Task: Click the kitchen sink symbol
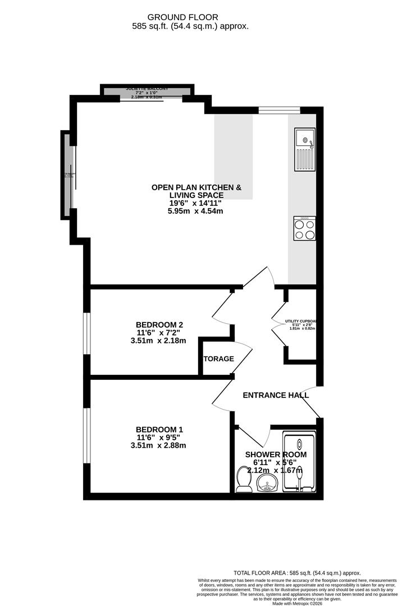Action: tap(305, 149)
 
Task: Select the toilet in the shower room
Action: tap(244, 479)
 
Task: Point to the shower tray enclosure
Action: tap(299, 462)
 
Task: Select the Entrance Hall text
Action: tap(276, 395)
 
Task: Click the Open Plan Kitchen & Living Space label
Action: tap(196, 191)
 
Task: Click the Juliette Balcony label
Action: tap(147, 89)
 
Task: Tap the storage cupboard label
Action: tap(218, 359)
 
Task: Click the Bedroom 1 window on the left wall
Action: tap(86, 435)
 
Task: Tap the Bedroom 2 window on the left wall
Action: tap(86, 333)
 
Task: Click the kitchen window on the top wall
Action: tap(273, 110)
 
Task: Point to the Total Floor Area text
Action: tap(298, 573)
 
